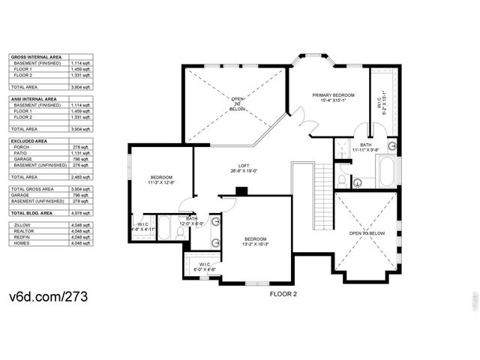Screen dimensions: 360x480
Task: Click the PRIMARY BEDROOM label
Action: pos(333,95)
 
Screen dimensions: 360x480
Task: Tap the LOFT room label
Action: pos(238,166)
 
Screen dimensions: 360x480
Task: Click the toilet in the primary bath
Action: pos(341,181)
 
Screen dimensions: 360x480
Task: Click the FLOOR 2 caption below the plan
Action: pos(283,294)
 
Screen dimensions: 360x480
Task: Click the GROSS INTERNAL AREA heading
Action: pos(36,57)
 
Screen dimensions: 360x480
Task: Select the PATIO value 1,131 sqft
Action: pos(79,153)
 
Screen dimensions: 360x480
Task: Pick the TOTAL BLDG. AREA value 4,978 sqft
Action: pos(79,214)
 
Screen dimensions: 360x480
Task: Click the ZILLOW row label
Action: pos(22,224)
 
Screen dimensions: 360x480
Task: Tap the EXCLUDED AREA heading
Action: pos(29,140)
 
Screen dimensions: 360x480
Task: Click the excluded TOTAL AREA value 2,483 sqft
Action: pos(79,176)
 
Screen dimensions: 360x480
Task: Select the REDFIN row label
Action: pos(22,237)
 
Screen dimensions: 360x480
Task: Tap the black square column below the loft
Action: pos(240,190)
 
